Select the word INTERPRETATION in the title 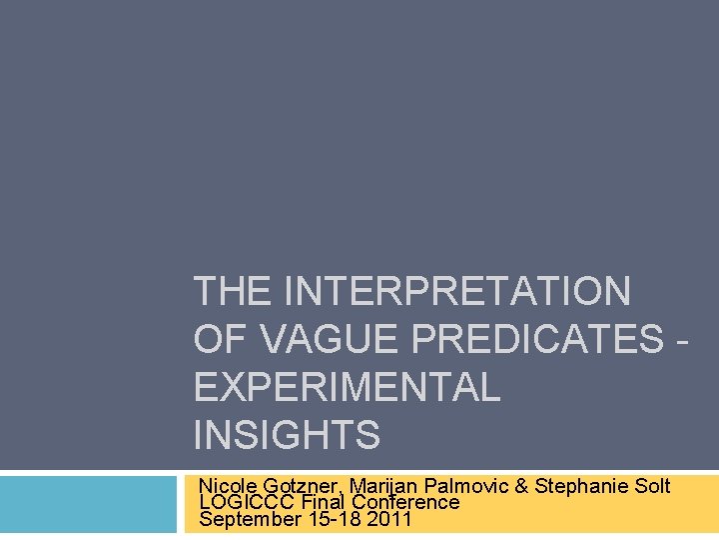click(x=457, y=292)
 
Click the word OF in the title click(x=221, y=340)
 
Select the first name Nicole click(x=229, y=487)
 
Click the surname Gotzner click(x=304, y=487)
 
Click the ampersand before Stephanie click(x=523, y=487)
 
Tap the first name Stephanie click(x=582, y=487)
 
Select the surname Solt click(x=652, y=487)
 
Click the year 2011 click(x=388, y=519)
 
